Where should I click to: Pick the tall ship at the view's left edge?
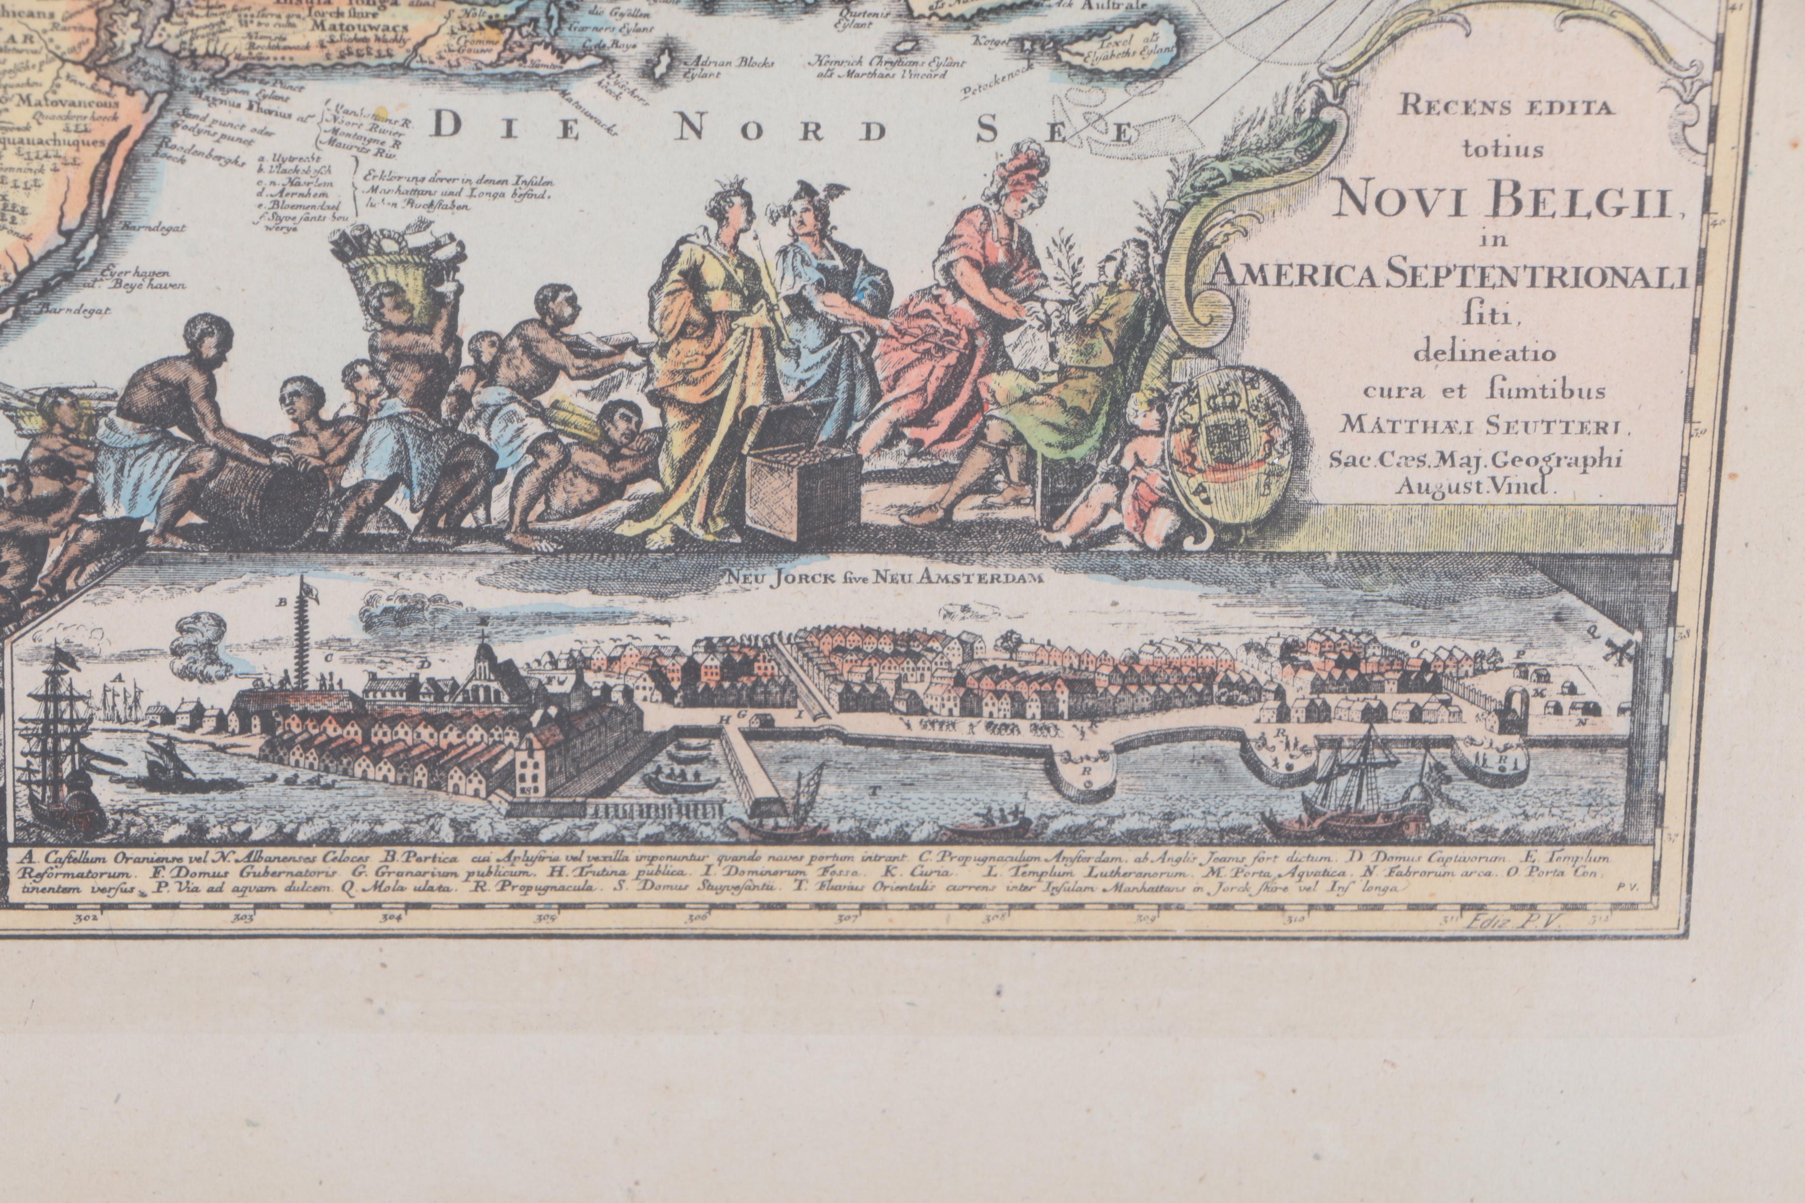(65, 737)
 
